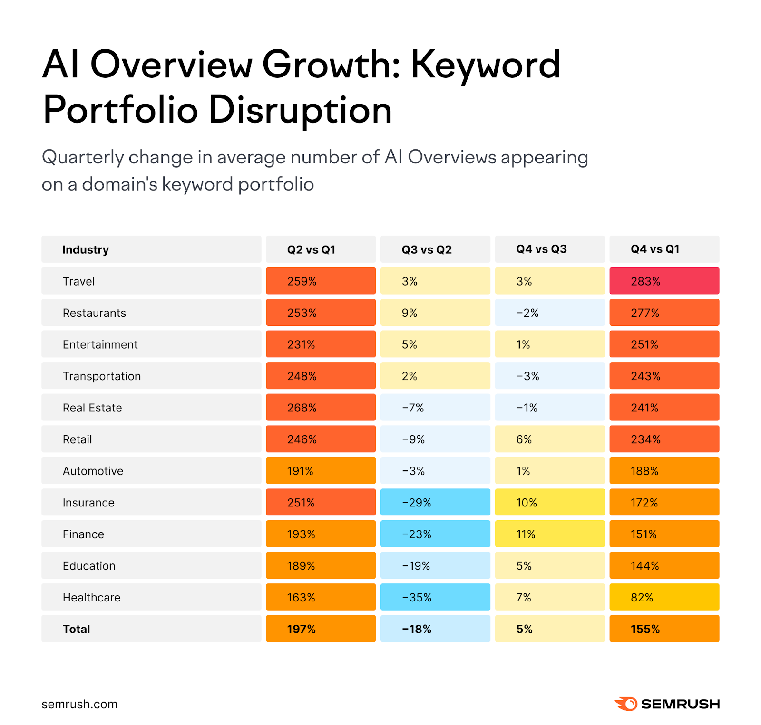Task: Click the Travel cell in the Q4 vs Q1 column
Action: click(x=664, y=281)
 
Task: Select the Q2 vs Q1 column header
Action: click(x=311, y=249)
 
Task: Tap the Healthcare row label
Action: click(x=92, y=597)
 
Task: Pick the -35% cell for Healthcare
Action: click(x=435, y=597)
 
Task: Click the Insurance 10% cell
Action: click(x=549, y=503)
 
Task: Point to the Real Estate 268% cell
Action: click(x=321, y=408)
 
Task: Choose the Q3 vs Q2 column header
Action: click(x=427, y=249)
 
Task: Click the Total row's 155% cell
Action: click(x=664, y=629)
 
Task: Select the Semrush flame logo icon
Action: click(x=626, y=704)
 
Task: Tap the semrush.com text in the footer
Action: click(x=79, y=704)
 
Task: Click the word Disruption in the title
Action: click(x=300, y=110)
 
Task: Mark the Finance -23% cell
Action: click(x=435, y=534)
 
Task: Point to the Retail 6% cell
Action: click(x=549, y=439)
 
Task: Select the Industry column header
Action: click(x=86, y=249)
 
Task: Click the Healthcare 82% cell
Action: click(x=664, y=597)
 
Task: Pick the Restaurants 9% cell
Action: click(x=435, y=313)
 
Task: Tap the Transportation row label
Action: click(x=102, y=376)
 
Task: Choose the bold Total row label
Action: click(x=76, y=629)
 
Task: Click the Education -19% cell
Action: click(x=435, y=566)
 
